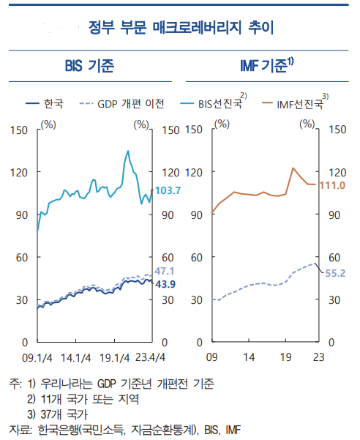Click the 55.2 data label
pos(334,273)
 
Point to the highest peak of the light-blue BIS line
pos(128,151)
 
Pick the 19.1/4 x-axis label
pos(113,358)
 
